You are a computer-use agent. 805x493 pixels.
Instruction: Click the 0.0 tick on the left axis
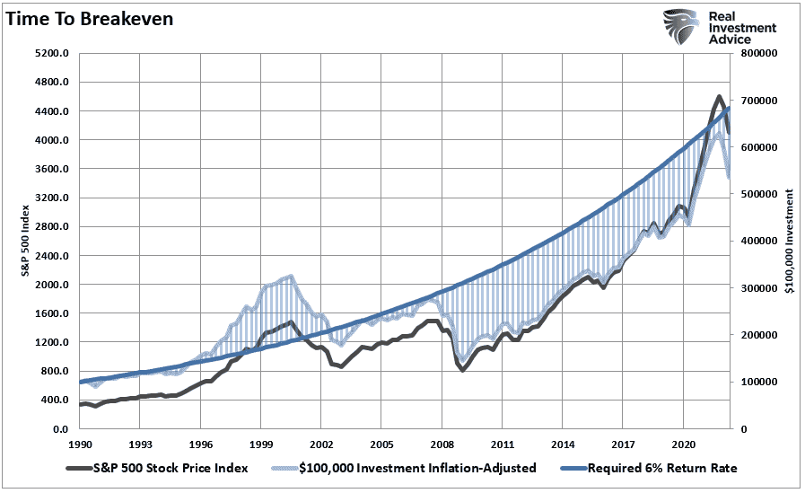pyautogui.click(x=61, y=429)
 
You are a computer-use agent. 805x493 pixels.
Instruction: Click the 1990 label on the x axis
pyautogui.click(x=80, y=445)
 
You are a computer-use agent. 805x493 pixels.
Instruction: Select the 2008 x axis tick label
pyautogui.click(x=441, y=445)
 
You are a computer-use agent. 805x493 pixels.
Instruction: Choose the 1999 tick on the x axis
pyautogui.click(x=260, y=445)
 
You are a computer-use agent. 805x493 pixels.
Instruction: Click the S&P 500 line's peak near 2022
pyautogui.click(x=720, y=97)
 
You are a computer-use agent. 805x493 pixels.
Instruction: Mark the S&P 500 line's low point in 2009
pyautogui.click(x=462, y=369)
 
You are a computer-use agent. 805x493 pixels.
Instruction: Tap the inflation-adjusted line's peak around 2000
pyautogui.click(x=289, y=277)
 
